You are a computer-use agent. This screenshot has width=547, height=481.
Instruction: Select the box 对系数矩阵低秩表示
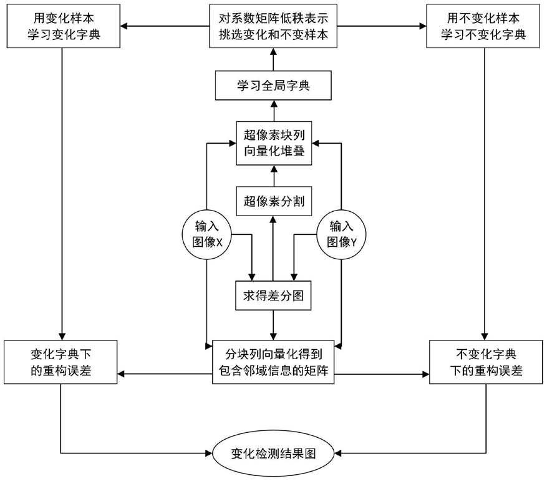tap(273, 27)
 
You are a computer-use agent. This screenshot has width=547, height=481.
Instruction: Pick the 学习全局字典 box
tap(273, 86)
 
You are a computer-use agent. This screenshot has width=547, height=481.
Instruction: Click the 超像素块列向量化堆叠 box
tap(273, 143)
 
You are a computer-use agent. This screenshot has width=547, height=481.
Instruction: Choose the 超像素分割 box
tap(273, 201)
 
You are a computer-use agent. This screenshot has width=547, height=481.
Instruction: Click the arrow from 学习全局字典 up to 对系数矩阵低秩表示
tap(273, 61)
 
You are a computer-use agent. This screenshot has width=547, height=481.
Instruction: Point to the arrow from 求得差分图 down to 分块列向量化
tap(273, 325)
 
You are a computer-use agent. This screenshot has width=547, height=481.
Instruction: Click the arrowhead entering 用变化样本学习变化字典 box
tap(125, 27)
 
